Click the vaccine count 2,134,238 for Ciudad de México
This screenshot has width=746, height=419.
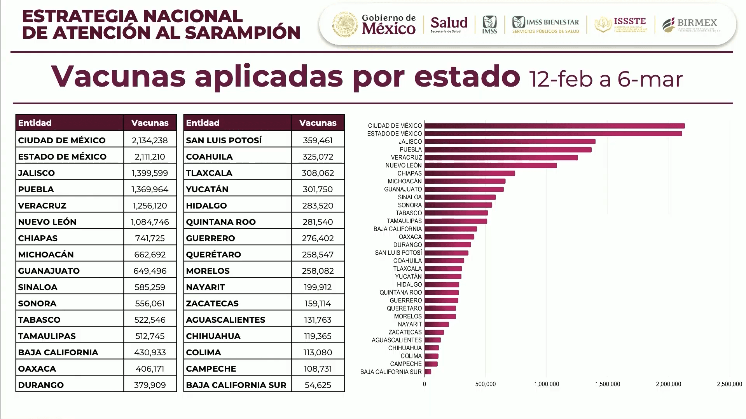pyautogui.click(x=150, y=140)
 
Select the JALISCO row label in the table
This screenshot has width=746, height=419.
pyautogui.click(x=37, y=173)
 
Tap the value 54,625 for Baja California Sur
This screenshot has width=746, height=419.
pyautogui.click(x=318, y=385)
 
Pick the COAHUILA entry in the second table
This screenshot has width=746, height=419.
pyautogui.click(x=209, y=156)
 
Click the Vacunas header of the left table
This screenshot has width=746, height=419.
pyautogui.click(x=150, y=123)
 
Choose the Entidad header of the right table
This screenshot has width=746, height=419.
pyautogui.click(x=203, y=123)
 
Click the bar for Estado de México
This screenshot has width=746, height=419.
pyautogui.click(x=553, y=134)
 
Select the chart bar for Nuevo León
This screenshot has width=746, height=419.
pyautogui.click(x=490, y=165)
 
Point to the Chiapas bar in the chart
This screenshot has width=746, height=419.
pyautogui.click(x=469, y=173)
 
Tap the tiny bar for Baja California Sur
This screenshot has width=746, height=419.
pyautogui.click(x=428, y=372)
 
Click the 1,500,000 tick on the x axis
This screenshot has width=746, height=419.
pyautogui.click(x=607, y=384)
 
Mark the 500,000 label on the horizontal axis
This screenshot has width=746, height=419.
pyautogui.click(x=485, y=384)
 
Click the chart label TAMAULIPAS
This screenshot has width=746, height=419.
pyautogui.click(x=404, y=221)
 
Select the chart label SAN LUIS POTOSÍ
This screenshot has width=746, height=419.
pyautogui.click(x=398, y=253)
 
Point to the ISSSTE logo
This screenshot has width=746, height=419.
pyautogui.click(x=621, y=24)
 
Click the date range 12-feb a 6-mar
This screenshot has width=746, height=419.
pyautogui.click(x=605, y=79)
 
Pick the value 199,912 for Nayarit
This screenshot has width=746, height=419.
pyautogui.click(x=318, y=287)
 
